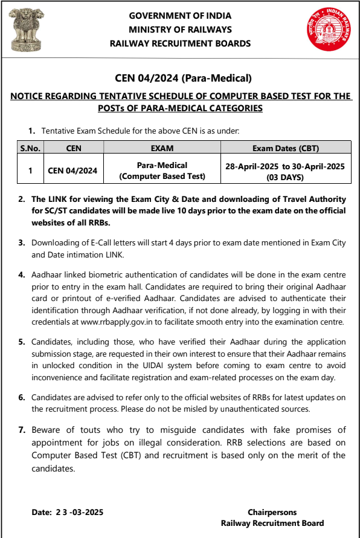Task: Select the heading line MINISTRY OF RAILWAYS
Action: [x=180, y=30]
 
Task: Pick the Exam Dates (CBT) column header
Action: [x=285, y=147]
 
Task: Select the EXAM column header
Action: [x=161, y=147]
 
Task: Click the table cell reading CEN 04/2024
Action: [x=72, y=170]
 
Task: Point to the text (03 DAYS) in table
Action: [x=285, y=178]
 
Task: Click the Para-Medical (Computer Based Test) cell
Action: [x=161, y=170]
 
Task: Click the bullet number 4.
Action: [x=21, y=275]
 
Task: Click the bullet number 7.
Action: [x=21, y=430]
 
